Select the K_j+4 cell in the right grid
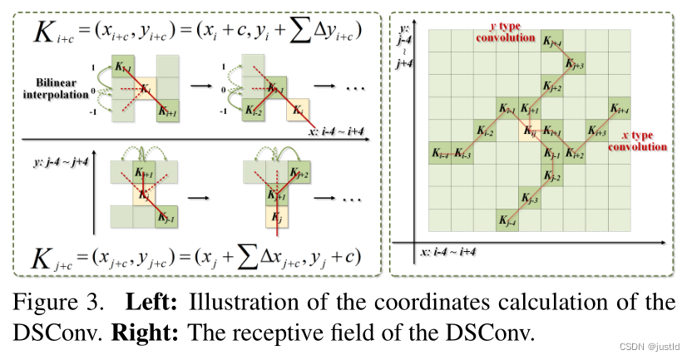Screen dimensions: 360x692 [551, 42]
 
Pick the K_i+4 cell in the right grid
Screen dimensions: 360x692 [618, 108]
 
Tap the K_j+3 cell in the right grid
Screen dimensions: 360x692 [573, 64]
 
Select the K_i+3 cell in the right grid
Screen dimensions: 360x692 [596, 130]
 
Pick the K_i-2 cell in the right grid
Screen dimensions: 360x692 [484, 131]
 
